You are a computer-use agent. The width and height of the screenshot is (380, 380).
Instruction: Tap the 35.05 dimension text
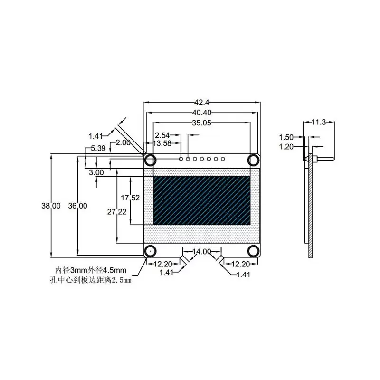pos(202,123)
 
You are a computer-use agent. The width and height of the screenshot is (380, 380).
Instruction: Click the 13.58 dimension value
pos(163,143)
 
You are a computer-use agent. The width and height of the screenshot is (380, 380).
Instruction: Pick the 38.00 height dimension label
pos(51,206)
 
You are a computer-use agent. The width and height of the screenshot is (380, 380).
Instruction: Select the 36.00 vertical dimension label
pos(77,206)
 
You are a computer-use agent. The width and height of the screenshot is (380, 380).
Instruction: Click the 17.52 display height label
pos(130,198)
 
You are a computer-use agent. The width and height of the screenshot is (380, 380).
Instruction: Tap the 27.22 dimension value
pos(116,212)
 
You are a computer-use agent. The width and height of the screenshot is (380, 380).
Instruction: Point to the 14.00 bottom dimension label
pos(201,252)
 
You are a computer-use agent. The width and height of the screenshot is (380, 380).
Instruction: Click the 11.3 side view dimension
pos(318,122)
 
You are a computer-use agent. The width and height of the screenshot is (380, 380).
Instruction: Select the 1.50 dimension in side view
pos(286,137)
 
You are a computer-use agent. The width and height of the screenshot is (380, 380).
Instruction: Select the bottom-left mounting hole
pos(150,251)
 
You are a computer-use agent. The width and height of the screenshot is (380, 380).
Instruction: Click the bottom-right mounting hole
pos(254,251)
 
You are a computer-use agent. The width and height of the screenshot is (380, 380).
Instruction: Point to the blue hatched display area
pos(202,201)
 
